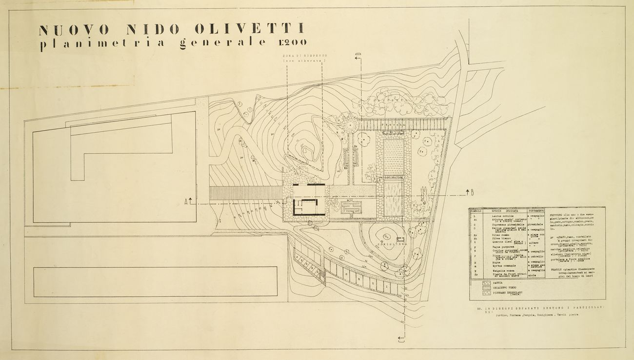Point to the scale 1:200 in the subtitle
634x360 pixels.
coord(294,42)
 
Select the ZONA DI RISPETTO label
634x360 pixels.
coord(304,57)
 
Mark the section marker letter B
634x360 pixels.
coord(472,193)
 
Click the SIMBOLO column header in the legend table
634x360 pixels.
coord(475,211)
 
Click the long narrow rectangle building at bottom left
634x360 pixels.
coord(156,281)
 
